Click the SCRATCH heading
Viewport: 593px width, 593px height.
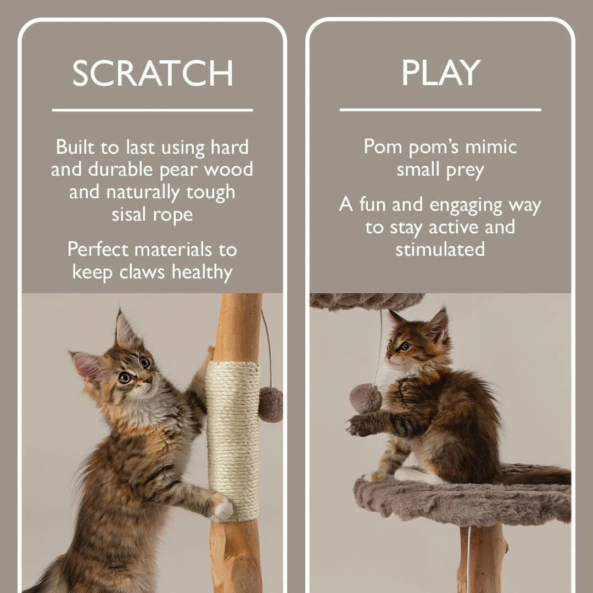click(x=153, y=73)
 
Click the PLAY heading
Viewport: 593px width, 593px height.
click(x=440, y=73)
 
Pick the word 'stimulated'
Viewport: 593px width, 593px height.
click(x=440, y=249)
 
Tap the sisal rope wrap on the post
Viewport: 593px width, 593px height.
click(x=233, y=439)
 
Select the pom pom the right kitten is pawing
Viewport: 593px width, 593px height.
click(x=365, y=398)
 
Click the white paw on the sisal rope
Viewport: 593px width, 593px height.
click(x=223, y=508)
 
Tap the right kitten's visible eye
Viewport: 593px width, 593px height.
click(x=405, y=346)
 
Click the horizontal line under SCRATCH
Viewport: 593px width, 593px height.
click(x=153, y=110)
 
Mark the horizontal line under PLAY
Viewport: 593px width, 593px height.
click(x=440, y=110)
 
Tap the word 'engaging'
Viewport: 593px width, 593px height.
click(x=466, y=205)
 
